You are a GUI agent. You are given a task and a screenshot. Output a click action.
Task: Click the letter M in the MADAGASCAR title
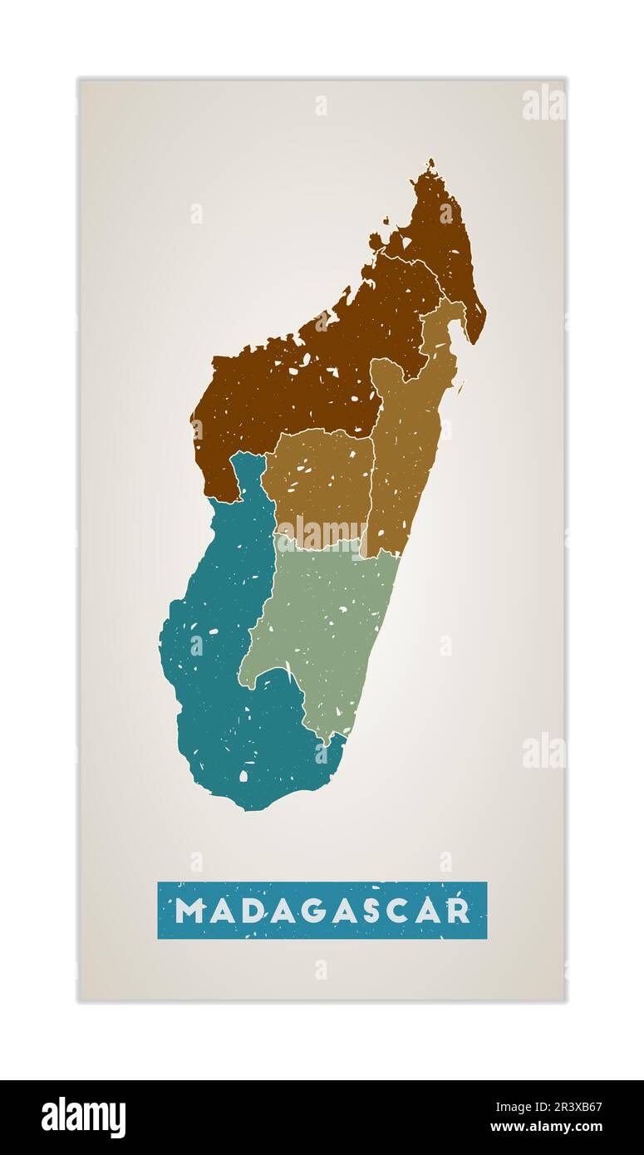(189, 911)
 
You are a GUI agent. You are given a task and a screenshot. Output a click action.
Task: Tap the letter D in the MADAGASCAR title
(253, 911)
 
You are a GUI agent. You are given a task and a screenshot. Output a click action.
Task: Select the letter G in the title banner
(318, 911)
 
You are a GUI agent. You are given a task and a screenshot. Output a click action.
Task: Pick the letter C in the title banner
(413, 911)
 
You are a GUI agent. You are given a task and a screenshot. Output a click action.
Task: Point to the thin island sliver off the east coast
(460, 386)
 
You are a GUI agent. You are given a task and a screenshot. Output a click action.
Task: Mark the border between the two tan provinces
(371, 482)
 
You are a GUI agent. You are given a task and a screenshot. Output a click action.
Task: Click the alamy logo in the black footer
(83, 1118)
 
